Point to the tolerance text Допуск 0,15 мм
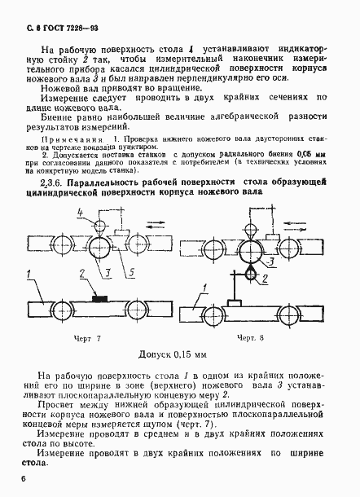[178, 355]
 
